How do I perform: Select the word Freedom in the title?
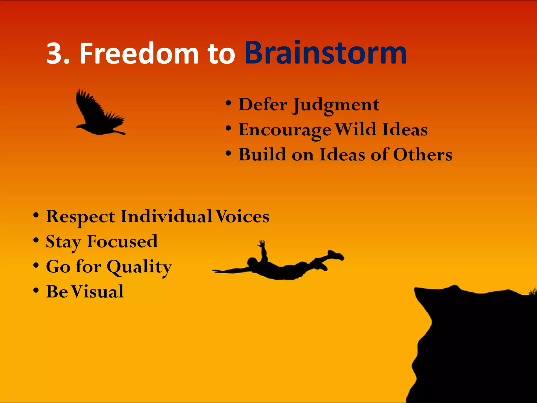tap(139, 54)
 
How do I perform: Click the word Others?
tap(423, 155)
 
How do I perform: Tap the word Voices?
tap(242, 216)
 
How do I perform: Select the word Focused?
tap(122, 241)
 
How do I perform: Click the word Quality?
tap(139, 267)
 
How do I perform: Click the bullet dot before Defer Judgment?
tap(228, 103)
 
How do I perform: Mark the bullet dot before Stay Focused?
tap(36, 240)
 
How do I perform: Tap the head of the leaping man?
tap(253, 262)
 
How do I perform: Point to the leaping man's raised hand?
tap(262, 243)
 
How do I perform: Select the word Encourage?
tap(285, 130)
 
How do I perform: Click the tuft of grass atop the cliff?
tap(533, 291)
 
